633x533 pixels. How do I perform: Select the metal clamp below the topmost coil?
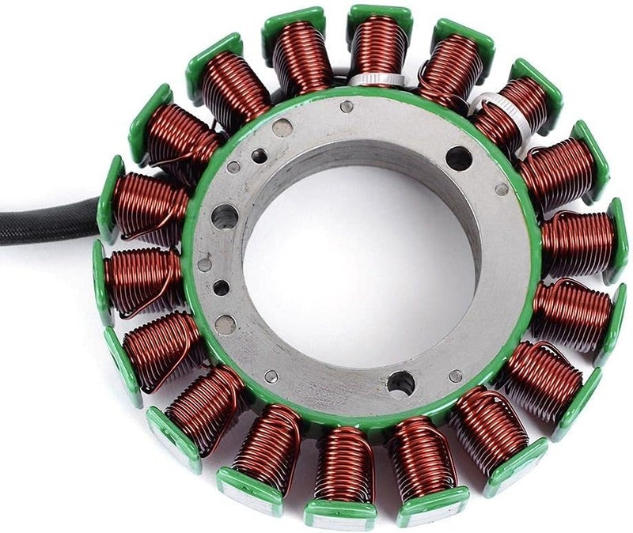pos(366,79)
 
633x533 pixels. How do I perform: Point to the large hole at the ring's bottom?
pos(400,384)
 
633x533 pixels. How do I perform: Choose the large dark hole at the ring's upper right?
pos(458,158)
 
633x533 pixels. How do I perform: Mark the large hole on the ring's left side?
pos(225,215)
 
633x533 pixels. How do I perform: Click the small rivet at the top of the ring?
pos(347,106)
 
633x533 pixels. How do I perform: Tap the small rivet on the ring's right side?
pos(501,189)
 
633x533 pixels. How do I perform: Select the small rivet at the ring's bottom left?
pos(271,376)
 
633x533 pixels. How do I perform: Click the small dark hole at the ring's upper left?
pos(259,156)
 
